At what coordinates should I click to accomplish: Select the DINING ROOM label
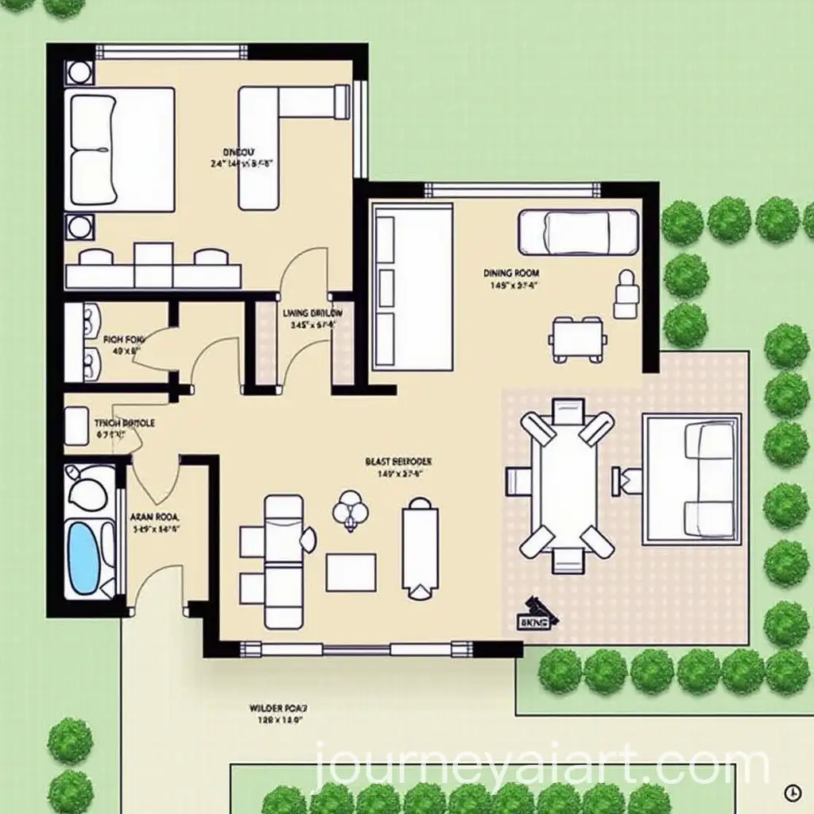point(511,273)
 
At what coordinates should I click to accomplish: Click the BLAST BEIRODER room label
point(398,460)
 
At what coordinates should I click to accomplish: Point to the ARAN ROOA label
point(155,516)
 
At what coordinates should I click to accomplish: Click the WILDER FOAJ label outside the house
point(277,706)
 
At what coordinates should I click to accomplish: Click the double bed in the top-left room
point(122,149)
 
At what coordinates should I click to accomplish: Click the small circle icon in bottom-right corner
point(791,792)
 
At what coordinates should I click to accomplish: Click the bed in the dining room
point(579,231)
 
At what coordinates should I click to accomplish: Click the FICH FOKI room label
point(122,339)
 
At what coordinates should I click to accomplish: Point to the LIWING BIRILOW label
point(312,313)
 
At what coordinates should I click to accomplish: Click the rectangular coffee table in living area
point(351,572)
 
